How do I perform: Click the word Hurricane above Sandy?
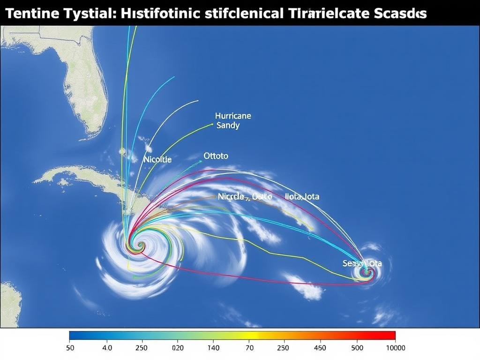coord(233,115)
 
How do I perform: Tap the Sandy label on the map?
coord(228,125)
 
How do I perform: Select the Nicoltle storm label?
coord(157,159)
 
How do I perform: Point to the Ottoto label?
coord(216,156)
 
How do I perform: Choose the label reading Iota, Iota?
coord(302,196)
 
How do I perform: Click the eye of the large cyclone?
coord(137,244)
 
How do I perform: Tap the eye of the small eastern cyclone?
coord(366,272)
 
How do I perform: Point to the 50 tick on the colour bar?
coord(70,348)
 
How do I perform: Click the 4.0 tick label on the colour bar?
coord(107,348)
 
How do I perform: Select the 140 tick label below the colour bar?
coord(213,348)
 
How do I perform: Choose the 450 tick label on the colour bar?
coord(320,348)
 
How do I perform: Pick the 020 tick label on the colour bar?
coord(178,348)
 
